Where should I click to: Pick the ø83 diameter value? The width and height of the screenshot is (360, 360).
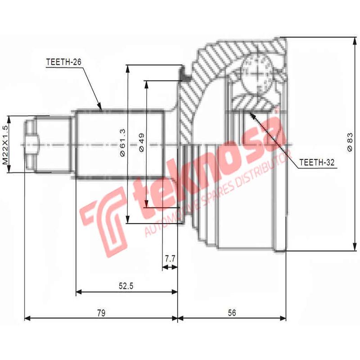click(x=350, y=143)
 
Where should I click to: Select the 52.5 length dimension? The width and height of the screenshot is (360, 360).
click(x=126, y=285)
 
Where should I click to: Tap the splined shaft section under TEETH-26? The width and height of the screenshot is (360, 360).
click(x=119, y=144)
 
